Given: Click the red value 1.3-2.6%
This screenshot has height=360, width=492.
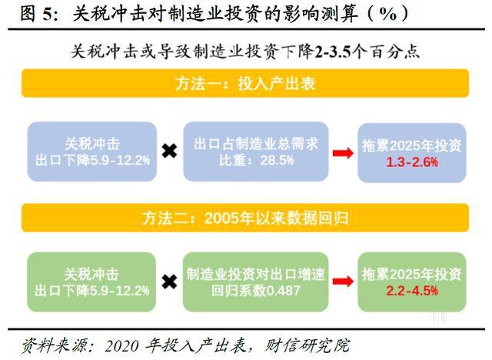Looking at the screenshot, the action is point(412,162).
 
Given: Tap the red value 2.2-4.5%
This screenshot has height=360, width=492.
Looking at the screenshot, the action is point(412,291).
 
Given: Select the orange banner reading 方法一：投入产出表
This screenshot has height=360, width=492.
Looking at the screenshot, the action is point(245,84).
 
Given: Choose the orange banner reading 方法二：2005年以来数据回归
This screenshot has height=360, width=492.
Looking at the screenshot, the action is point(245,218).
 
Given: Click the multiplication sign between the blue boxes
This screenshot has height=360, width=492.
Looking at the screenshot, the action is point(169,152).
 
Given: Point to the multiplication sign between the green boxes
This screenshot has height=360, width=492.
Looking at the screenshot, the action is point(169,282).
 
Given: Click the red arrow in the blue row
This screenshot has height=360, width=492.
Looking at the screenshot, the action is point(343,153).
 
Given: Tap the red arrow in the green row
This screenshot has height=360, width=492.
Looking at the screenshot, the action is point(343,282).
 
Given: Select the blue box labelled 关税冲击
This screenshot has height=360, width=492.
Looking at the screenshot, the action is point(92,152).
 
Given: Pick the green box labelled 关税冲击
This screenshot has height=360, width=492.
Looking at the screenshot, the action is point(91,282).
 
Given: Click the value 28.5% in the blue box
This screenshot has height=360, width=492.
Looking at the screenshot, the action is point(277,160).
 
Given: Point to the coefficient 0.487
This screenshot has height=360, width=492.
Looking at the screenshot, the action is point(283,291).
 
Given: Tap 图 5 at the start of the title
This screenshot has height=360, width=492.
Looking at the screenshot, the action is point(35,14).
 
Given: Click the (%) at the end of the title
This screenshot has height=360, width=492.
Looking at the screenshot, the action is point(388,14).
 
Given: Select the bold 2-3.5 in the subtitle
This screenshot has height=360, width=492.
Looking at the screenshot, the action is point(333,52).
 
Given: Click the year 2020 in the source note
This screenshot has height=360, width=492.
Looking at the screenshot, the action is point(121,346).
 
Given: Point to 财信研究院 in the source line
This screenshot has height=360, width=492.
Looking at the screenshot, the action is point(307,345).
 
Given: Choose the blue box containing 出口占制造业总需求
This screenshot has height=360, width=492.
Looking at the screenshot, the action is point(256,152).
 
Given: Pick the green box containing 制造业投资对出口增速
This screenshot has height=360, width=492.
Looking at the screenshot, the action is point(255,282).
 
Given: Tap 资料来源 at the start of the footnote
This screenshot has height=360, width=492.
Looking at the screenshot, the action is point(54,345).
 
